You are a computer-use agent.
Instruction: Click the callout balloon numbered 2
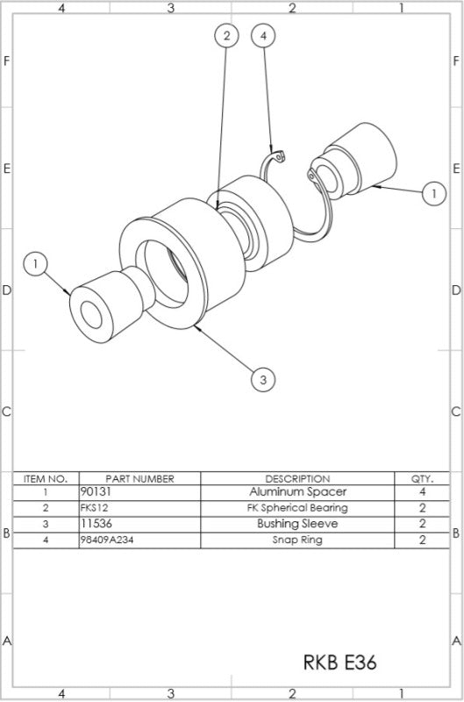(226, 36)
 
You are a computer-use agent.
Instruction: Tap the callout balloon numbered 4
(264, 36)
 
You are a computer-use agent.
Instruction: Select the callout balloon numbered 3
(263, 379)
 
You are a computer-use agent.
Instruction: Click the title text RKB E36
(340, 662)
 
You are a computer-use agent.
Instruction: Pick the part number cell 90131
(95, 492)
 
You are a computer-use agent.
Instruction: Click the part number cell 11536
(94, 524)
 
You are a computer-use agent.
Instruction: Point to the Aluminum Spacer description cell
(297, 492)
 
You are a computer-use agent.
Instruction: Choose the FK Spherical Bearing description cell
(297, 508)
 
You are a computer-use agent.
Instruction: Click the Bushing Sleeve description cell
(297, 524)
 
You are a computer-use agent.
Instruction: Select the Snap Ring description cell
(297, 540)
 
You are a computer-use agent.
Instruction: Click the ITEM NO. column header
(46, 478)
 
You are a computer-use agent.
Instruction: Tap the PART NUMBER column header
(139, 478)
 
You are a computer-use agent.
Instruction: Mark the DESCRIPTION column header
(297, 478)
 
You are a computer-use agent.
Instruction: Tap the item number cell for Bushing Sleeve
(46, 524)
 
